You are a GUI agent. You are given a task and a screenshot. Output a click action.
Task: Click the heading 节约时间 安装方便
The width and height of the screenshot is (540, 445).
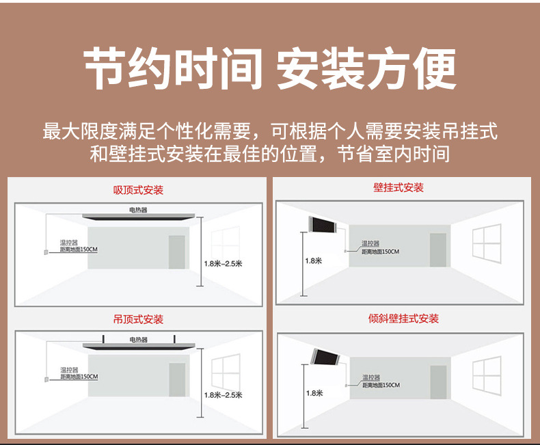pos(270,68)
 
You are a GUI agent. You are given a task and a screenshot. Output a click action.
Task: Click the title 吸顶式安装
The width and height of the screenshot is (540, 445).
pos(138,189)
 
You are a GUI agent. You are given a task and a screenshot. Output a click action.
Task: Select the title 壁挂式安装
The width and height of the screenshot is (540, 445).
pos(399,187)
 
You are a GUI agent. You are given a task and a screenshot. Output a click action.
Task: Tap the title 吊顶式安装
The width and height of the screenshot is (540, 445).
pos(138,319)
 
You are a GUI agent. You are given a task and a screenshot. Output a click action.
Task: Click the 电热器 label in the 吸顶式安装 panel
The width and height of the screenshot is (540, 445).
pos(138,209)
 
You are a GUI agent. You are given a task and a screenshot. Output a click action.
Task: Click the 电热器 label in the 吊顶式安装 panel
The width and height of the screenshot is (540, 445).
pos(138,340)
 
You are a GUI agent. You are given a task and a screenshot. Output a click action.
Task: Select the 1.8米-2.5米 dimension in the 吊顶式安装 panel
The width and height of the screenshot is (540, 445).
pos(223,394)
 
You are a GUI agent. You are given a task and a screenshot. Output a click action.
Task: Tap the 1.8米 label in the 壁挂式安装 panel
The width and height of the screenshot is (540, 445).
pos(313,260)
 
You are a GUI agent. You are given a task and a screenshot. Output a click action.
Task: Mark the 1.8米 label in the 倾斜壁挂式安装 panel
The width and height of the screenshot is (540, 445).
pos(314,393)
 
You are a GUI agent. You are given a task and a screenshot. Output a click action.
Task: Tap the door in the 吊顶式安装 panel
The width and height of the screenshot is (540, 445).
pos(177,379)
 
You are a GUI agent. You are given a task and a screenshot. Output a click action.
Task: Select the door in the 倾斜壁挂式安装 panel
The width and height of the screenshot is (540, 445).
pos(438,381)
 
